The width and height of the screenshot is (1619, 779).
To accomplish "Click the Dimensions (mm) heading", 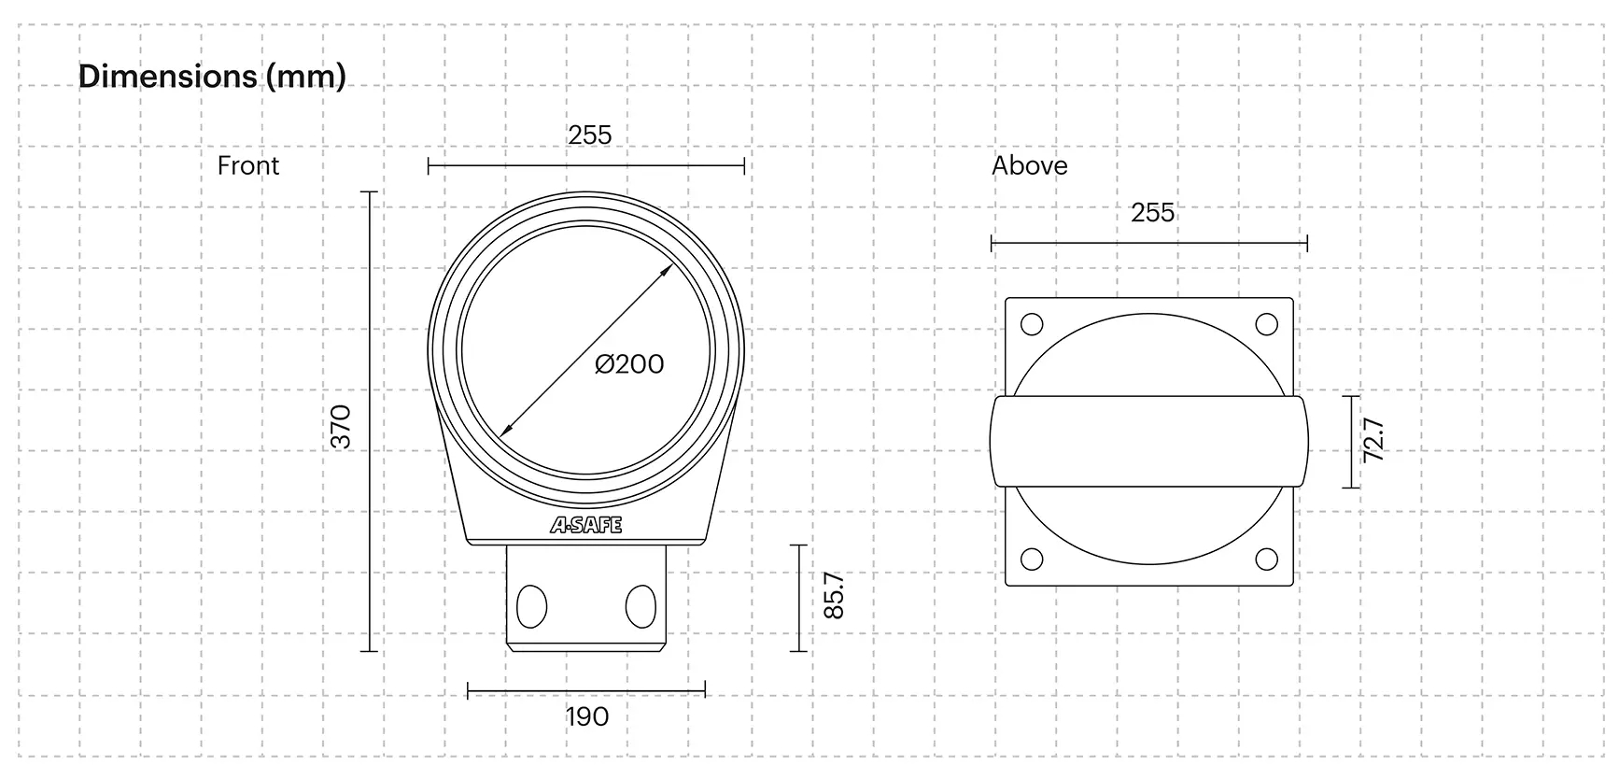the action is click(x=212, y=76).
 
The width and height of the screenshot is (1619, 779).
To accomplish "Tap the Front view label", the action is click(x=248, y=165).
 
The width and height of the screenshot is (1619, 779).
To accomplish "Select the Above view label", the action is click(x=1030, y=165).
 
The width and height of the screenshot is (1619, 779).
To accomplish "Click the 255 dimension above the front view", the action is click(x=590, y=135).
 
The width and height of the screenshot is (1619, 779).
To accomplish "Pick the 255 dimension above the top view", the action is click(x=1153, y=212).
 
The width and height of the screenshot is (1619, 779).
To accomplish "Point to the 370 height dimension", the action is click(x=342, y=427).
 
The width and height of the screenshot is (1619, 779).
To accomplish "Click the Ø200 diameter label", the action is click(x=629, y=363).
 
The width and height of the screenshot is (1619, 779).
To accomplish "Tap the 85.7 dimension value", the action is click(x=834, y=596).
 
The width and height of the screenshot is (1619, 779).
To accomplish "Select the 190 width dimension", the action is click(x=587, y=716).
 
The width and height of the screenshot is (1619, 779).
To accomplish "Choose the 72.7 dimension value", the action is click(x=1373, y=440).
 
